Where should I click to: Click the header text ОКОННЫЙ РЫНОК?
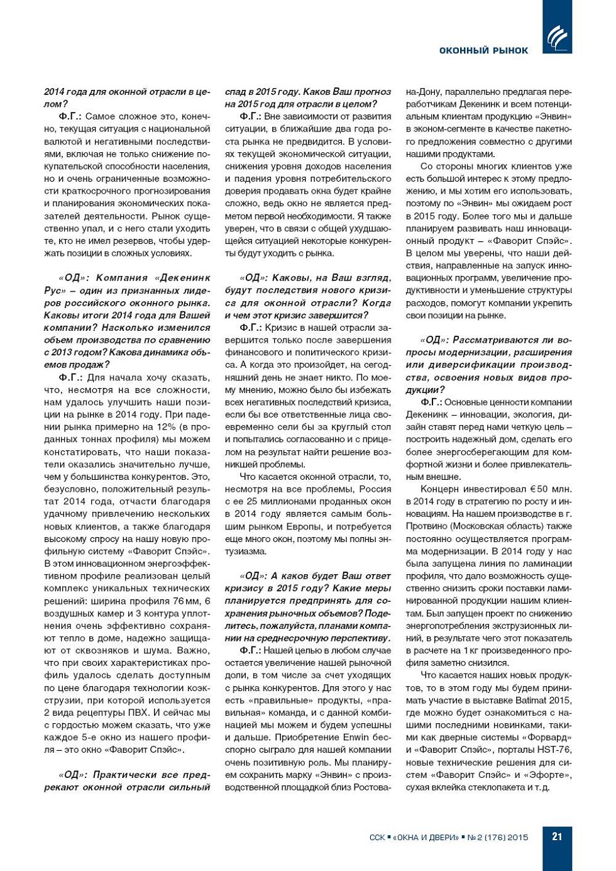[483, 50]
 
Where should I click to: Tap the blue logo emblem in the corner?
[557, 38]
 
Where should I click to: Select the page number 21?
[557, 836]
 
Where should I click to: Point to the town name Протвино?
[427, 526]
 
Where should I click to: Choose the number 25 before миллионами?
[252, 501]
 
